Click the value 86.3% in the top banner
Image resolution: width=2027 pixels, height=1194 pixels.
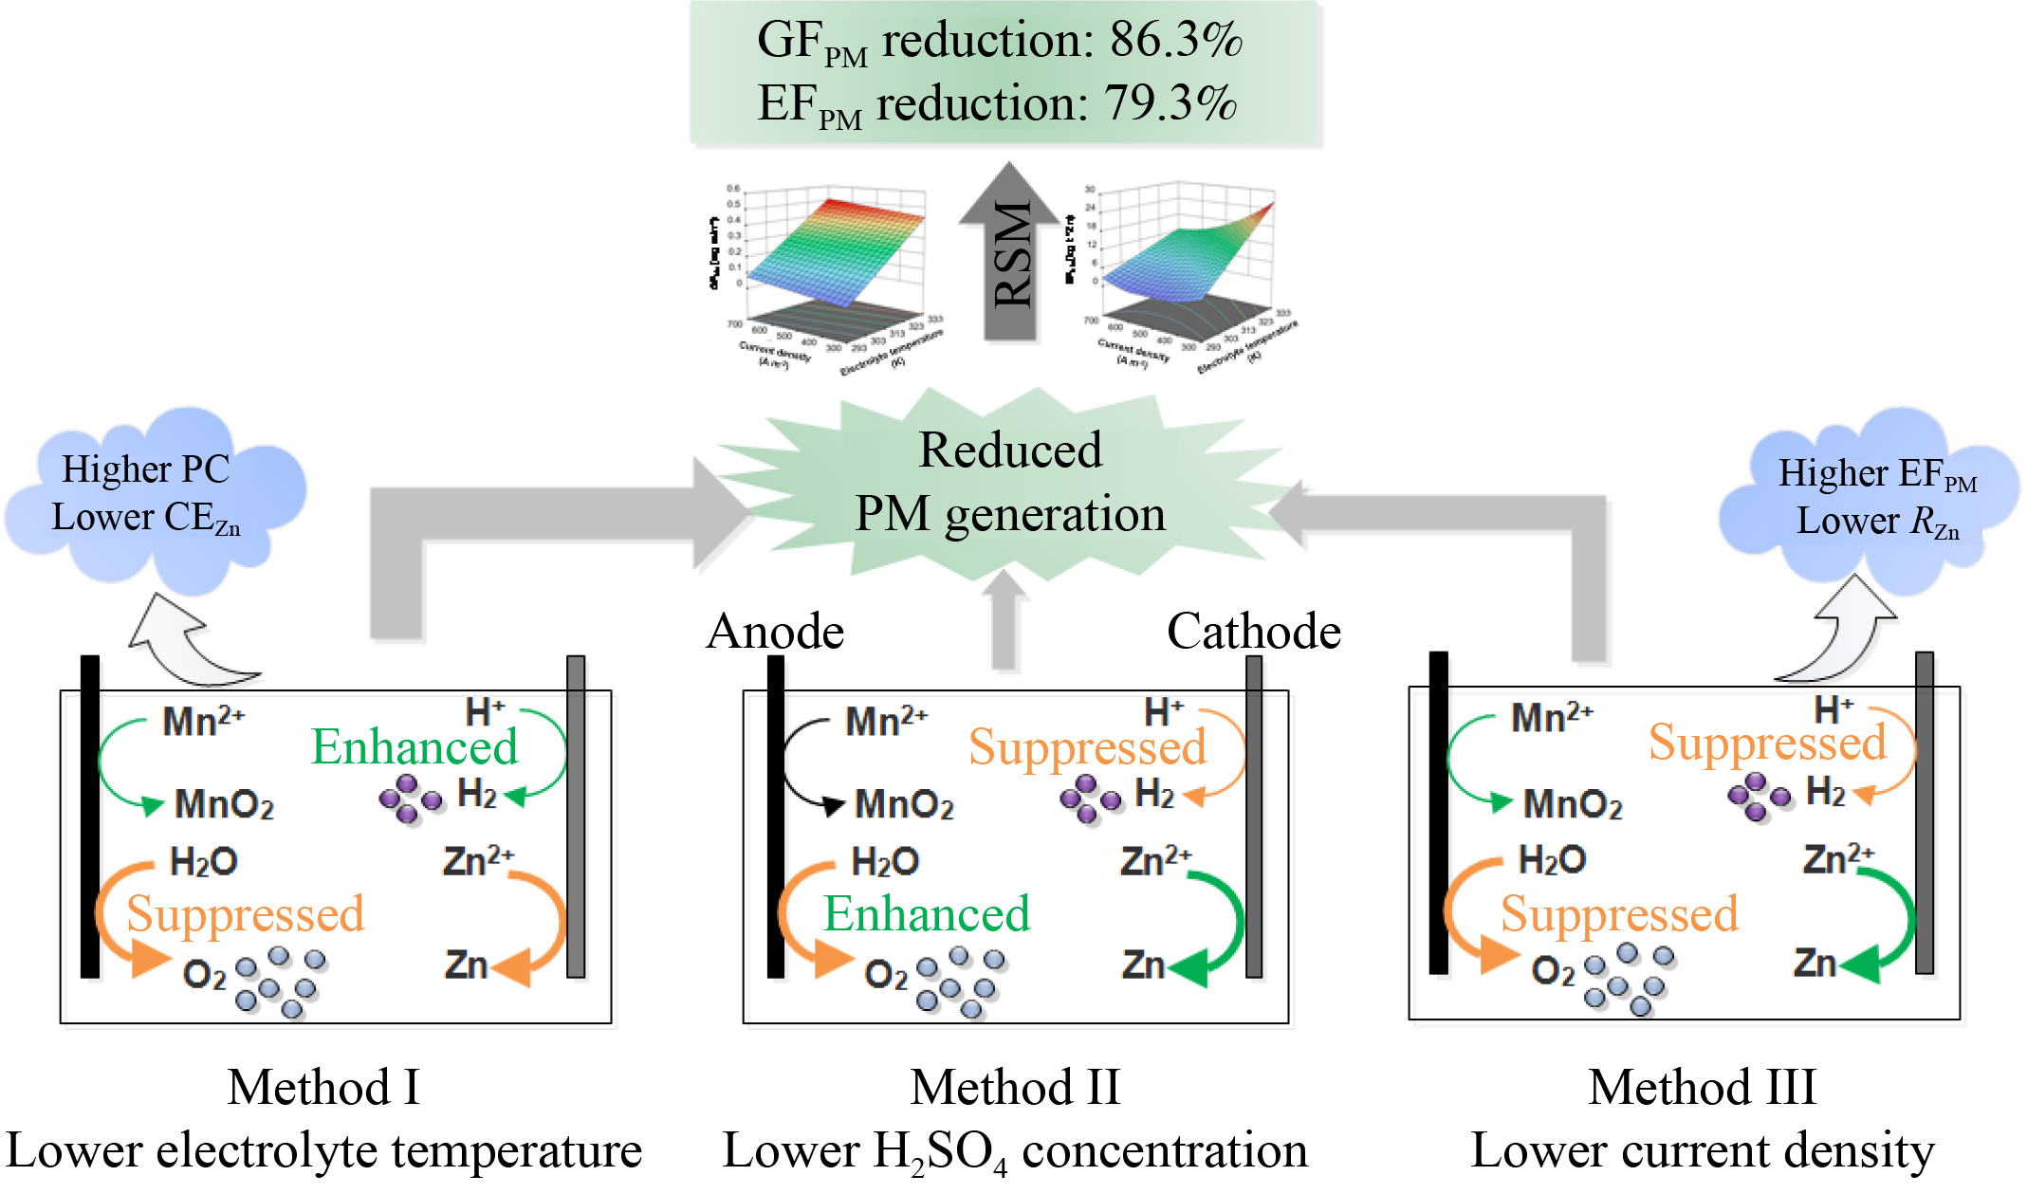[x=1175, y=40]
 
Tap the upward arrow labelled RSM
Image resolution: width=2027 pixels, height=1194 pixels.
[x=1010, y=251]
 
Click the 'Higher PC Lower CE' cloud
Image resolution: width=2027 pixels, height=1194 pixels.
[x=147, y=495]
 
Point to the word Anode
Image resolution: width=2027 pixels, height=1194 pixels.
[x=775, y=632]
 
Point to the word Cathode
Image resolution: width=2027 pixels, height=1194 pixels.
[x=1253, y=632]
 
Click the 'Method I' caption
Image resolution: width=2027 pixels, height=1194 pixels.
[x=323, y=1087]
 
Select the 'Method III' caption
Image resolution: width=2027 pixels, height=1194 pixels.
[x=1703, y=1087]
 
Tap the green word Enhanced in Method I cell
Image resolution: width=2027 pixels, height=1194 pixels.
[x=415, y=747]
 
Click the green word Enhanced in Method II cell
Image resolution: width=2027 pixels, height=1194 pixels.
[x=926, y=914]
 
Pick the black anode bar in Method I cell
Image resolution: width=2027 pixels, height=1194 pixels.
[x=90, y=816]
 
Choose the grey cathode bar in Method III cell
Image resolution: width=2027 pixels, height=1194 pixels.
[x=1925, y=812]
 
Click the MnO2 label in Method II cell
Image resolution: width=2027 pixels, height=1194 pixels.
[x=904, y=804]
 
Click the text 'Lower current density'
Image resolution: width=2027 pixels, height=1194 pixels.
[x=1703, y=1151]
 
